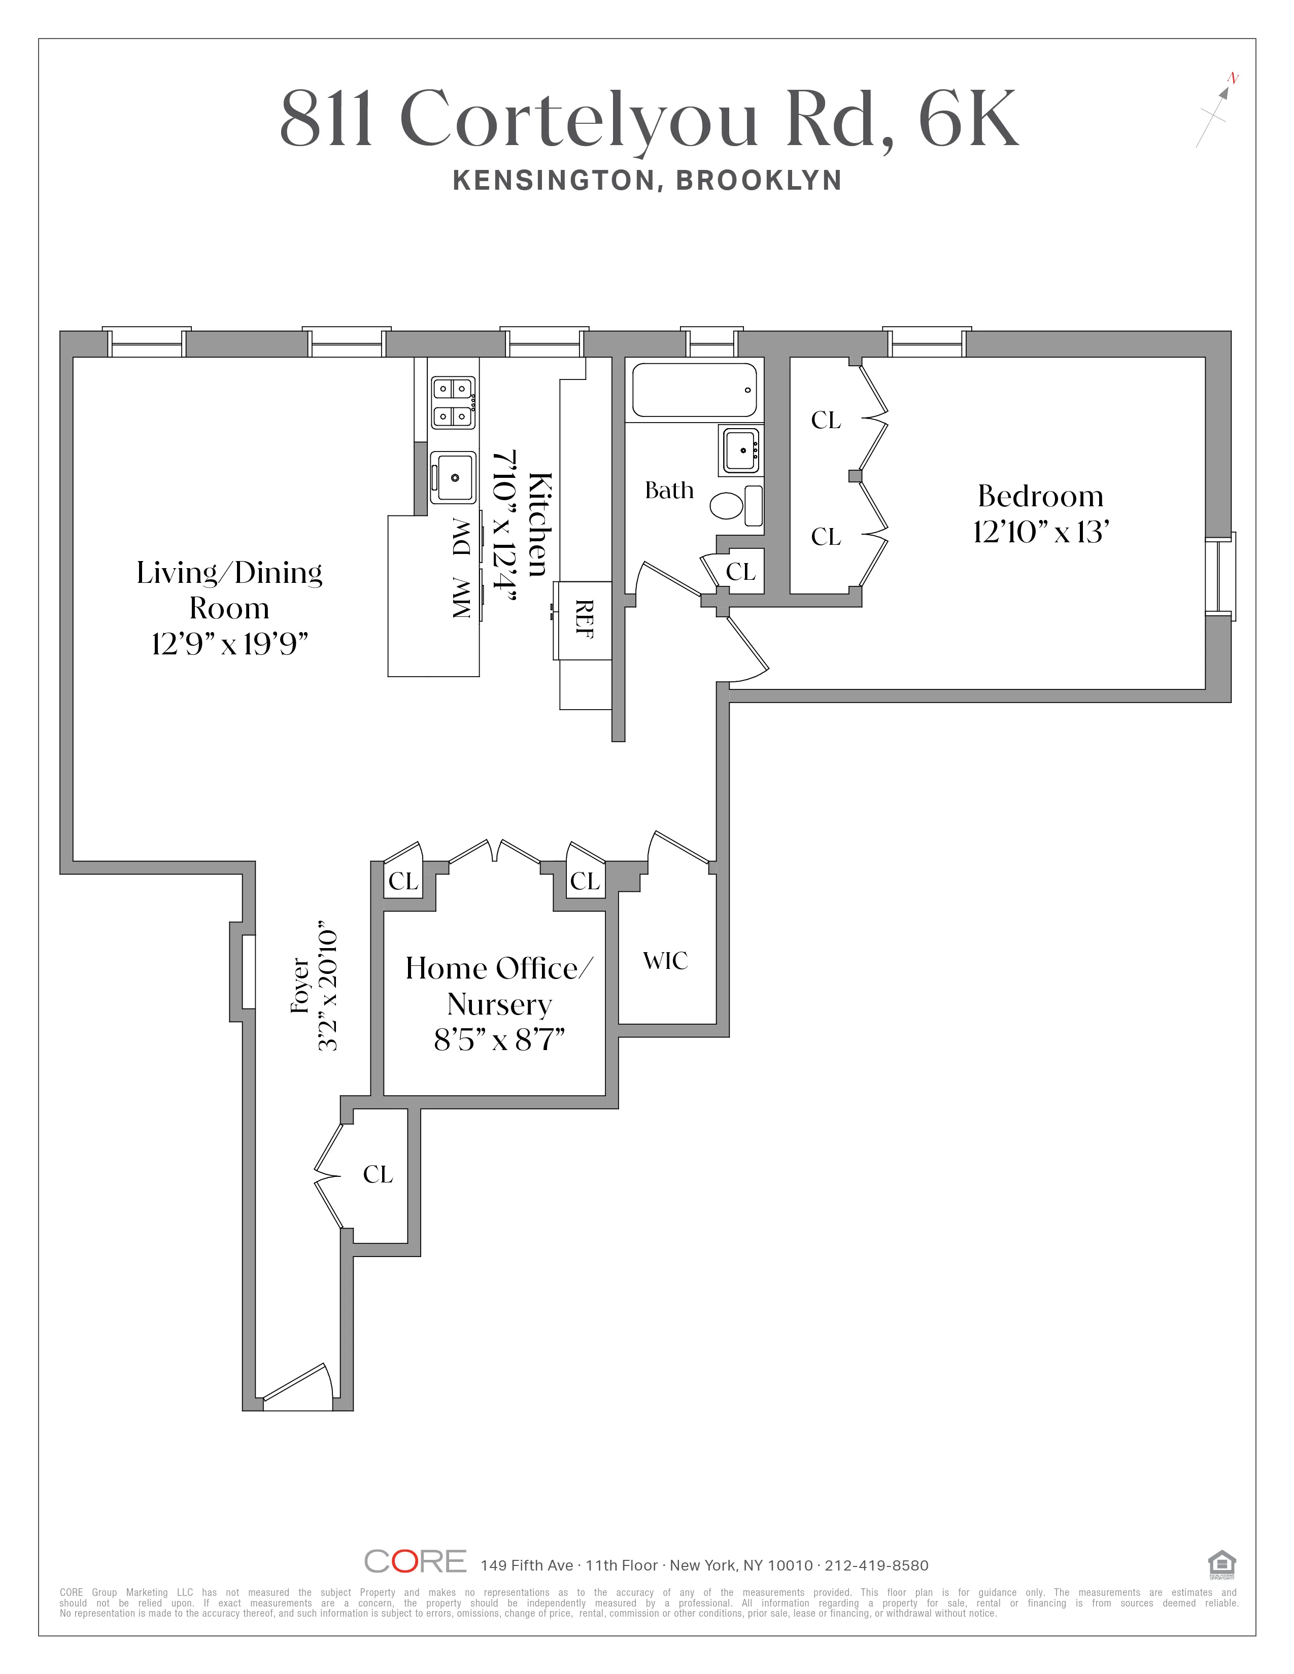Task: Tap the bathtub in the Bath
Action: point(694,390)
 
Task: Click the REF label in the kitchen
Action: point(584,620)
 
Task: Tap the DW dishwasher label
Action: point(461,537)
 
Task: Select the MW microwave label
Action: point(461,598)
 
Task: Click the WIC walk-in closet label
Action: point(665,960)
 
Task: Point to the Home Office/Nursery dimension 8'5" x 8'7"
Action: point(499,1040)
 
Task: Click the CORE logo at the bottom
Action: point(415,1561)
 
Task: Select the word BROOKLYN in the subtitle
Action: point(759,180)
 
